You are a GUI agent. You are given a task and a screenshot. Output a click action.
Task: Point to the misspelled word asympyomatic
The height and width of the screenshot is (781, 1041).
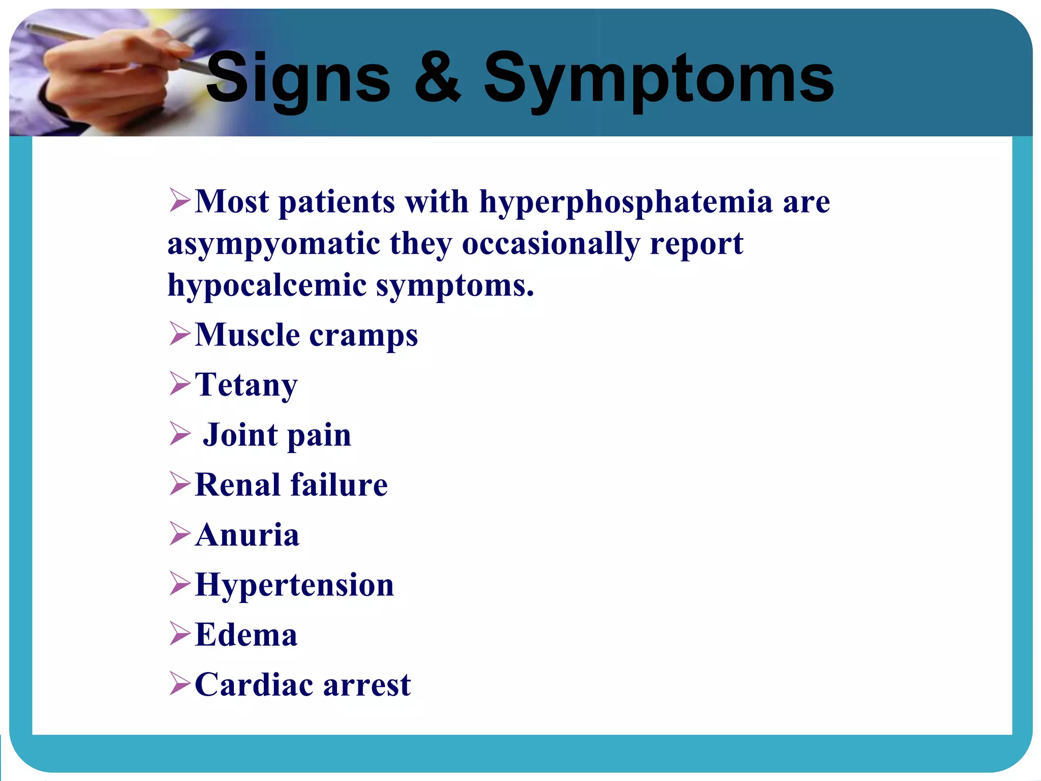pyautogui.click(x=273, y=245)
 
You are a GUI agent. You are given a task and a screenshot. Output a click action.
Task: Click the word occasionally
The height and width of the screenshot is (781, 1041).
pyautogui.click(x=551, y=245)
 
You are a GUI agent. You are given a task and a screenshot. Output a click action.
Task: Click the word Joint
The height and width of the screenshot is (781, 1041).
pyautogui.click(x=241, y=435)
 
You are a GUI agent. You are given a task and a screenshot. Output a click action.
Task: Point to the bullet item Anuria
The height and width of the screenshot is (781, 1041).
pyautogui.click(x=247, y=535)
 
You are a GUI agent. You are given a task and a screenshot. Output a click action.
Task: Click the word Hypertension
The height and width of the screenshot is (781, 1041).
pyautogui.click(x=294, y=585)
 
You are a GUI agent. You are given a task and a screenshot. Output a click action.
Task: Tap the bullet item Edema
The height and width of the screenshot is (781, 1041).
pyautogui.click(x=246, y=635)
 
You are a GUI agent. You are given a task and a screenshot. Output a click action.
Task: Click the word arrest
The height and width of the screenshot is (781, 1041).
pyautogui.click(x=366, y=685)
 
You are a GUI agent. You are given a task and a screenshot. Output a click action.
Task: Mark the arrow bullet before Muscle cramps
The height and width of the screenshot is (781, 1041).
pyautogui.click(x=179, y=334)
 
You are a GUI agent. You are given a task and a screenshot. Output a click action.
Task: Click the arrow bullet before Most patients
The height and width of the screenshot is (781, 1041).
pyautogui.click(x=179, y=200)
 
